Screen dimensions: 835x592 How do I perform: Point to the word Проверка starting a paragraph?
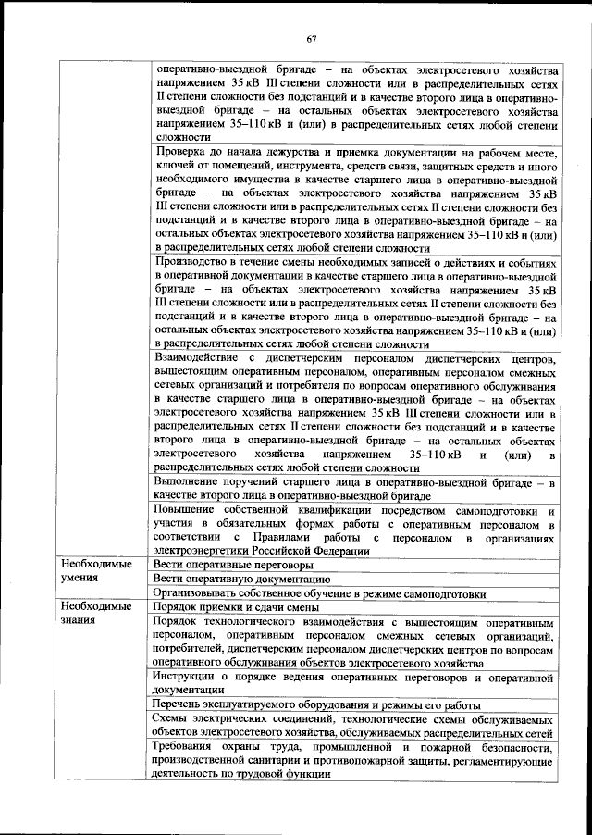(x=181, y=150)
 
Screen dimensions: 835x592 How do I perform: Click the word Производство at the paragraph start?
(x=191, y=264)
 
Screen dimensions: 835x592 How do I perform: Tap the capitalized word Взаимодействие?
(x=200, y=357)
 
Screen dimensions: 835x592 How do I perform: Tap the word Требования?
(x=188, y=745)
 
